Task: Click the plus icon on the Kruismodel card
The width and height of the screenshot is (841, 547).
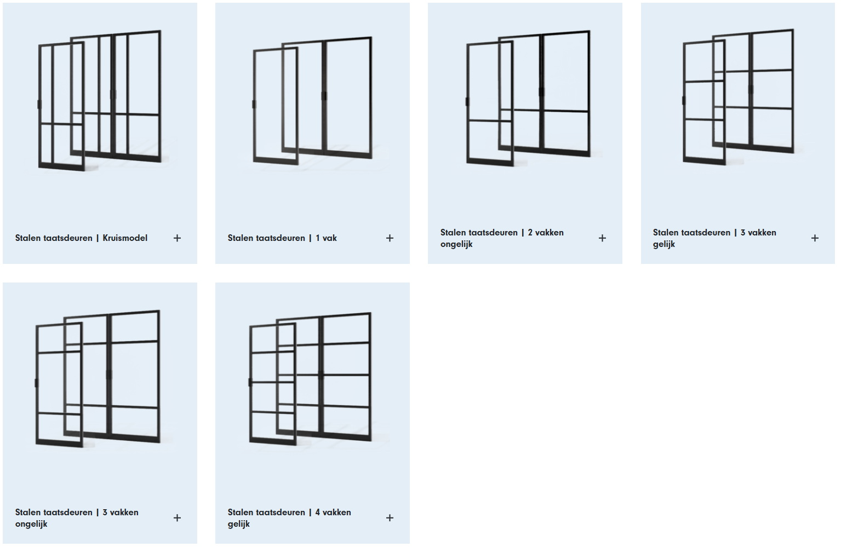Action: [177, 238]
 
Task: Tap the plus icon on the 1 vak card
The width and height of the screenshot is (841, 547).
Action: [390, 238]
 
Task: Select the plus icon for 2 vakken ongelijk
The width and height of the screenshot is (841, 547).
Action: [602, 238]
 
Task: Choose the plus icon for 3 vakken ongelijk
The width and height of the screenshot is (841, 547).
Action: [177, 518]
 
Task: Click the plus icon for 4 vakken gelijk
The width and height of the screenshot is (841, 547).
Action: [390, 518]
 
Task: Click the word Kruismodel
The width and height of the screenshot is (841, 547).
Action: [125, 238]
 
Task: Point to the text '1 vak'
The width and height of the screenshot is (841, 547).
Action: [326, 238]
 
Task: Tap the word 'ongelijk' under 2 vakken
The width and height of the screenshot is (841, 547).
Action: [456, 244]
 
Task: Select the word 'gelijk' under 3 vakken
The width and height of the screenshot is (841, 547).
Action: [664, 244]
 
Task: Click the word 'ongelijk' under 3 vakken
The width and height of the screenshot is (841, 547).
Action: [31, 524]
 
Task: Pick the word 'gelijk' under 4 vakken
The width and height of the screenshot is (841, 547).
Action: [238, 524]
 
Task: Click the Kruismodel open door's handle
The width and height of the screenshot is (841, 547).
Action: [39, 104]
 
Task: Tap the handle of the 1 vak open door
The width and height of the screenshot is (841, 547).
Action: [254, 104]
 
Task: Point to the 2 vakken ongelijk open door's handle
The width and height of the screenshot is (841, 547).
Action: [467, 102]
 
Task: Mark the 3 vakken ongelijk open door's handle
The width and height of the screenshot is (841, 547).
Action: [36, 383]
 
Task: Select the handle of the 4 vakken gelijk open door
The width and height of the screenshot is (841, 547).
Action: [250, 382]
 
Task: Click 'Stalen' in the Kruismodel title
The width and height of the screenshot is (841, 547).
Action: [27, 238]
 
